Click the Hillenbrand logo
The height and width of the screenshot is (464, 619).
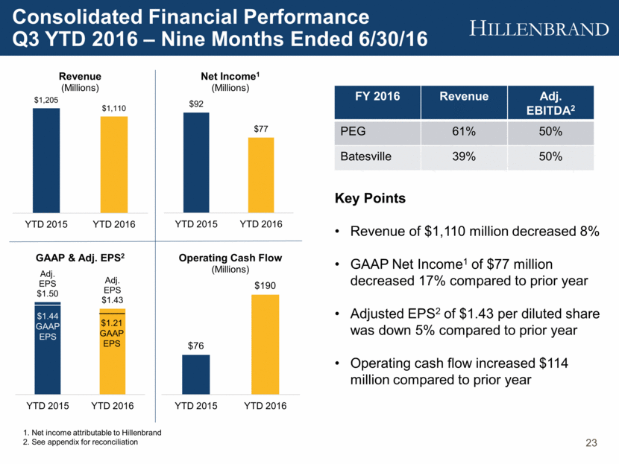coord(540,29)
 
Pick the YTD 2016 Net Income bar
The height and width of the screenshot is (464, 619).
coord(261,176)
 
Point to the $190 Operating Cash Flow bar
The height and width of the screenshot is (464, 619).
coord(265,343)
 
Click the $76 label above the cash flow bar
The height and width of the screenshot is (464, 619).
coord(196,346)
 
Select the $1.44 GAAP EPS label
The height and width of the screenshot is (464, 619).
coord(46,325)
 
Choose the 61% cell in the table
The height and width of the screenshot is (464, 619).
coord(464,131)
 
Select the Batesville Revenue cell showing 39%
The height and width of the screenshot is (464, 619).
coord(464,156)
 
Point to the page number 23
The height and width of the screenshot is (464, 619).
coord(591,444)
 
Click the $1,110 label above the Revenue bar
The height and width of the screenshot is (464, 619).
coord(113,109)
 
